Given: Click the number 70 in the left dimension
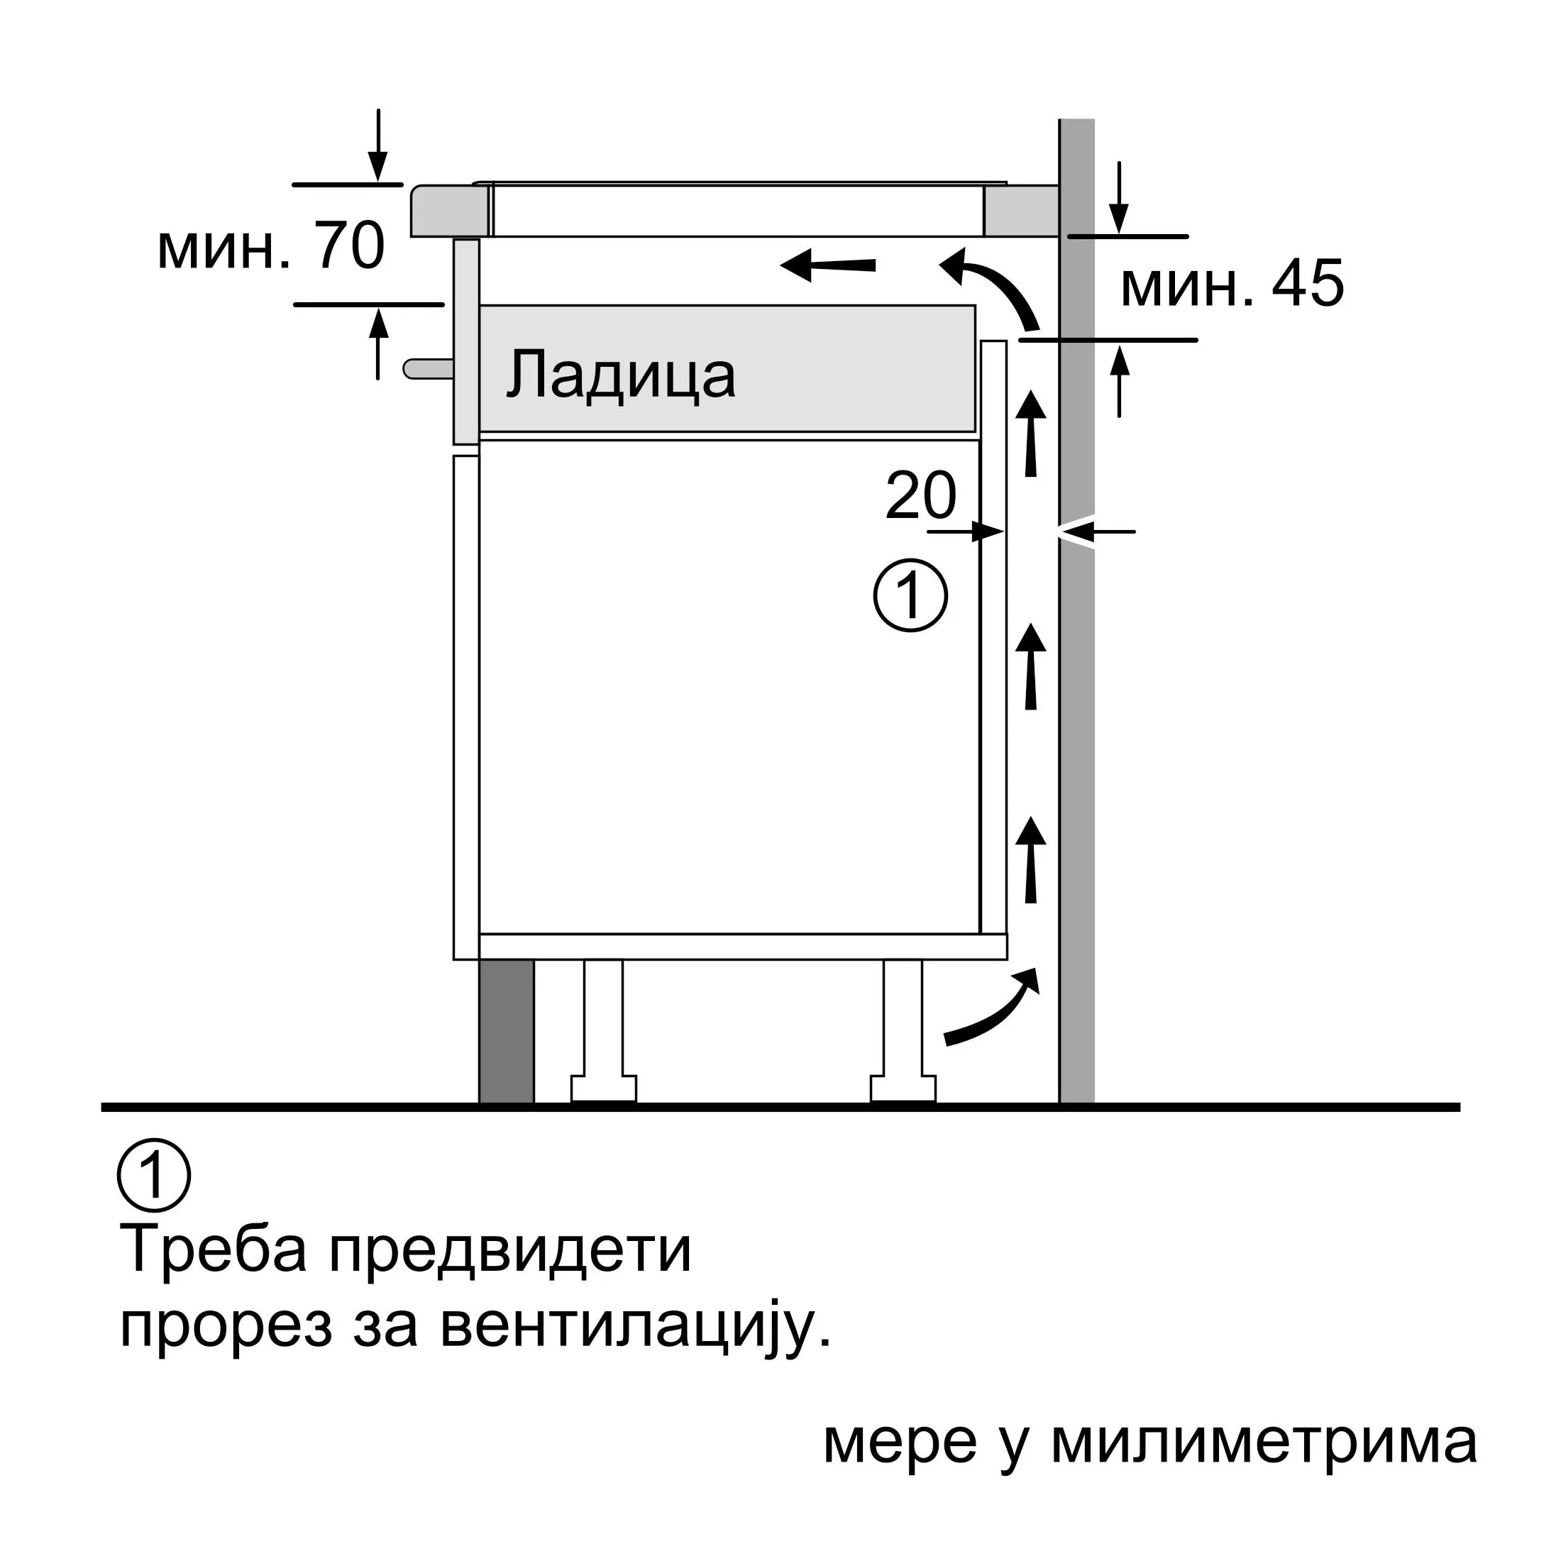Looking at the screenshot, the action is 350,246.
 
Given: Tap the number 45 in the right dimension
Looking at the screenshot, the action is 1308,284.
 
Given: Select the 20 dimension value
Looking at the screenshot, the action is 921,495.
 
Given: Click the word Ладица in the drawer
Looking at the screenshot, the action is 622,375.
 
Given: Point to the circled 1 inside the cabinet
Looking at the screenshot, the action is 910,595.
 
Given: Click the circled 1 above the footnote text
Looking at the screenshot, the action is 154,1176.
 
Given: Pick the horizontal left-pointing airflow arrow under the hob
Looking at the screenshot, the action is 828,265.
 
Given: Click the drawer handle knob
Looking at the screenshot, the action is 429,369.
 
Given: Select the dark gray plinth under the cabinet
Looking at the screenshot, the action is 507,1032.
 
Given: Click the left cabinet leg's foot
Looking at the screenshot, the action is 604,1089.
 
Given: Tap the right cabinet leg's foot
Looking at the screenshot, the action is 903,1089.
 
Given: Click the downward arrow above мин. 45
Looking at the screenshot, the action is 1118,198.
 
